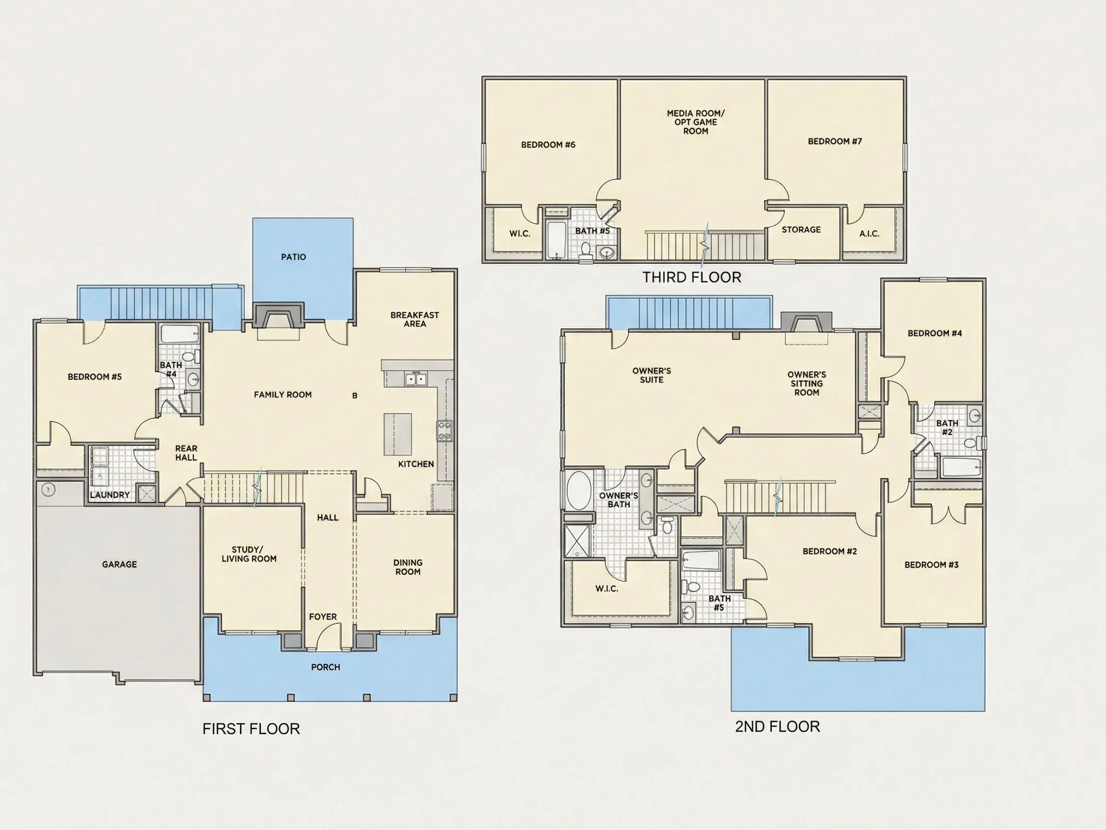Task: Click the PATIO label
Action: [293, 257]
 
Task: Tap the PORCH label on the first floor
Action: [325, 667]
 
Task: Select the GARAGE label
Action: [120, 564]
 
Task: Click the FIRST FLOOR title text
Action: [251, 729]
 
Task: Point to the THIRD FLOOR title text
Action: [692, 277]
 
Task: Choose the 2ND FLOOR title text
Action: [778, 726]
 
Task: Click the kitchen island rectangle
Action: [398, 434]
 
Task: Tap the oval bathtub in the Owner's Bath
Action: [579, 490]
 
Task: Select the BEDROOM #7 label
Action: [835, 142]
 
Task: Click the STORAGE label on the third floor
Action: [802, 230]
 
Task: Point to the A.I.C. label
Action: [869, 233]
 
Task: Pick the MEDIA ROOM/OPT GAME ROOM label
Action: [696, 122]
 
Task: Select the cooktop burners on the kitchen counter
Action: [445, 431]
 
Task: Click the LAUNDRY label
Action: [110, 495]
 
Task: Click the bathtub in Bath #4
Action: [180, 334]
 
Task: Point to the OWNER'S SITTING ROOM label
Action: [806, 384]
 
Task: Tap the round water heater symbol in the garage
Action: [48, 489]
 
